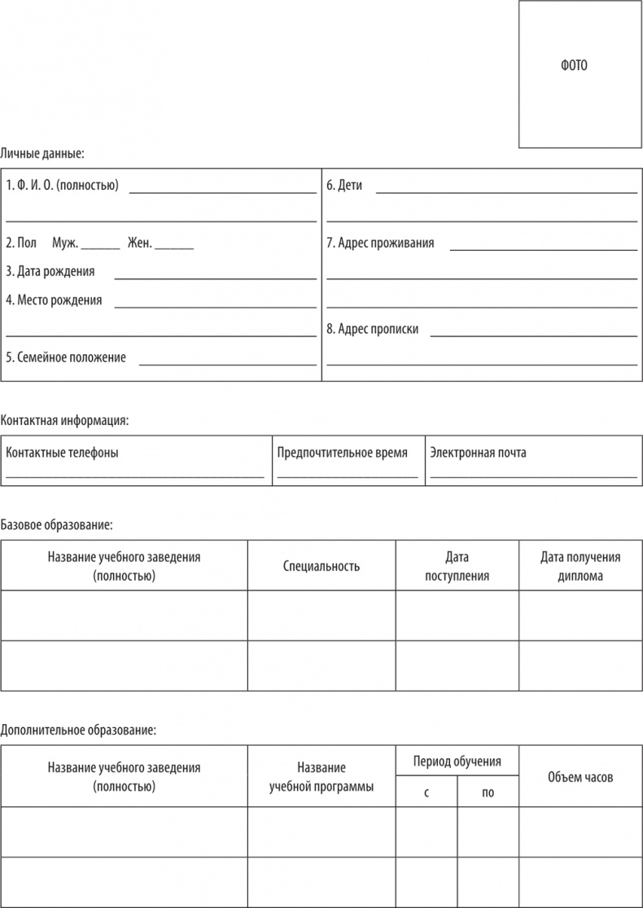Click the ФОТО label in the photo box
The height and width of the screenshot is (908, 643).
tap(574, 66)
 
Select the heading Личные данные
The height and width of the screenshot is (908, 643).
tap(42, 152)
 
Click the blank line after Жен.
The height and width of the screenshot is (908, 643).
tap(174, 246)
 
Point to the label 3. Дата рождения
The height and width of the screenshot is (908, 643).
tap(50, 271)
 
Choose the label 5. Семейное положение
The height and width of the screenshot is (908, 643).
tap(66, 357)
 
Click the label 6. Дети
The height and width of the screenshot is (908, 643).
tap(344, 186)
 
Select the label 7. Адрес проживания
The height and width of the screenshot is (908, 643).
tap(380, 243)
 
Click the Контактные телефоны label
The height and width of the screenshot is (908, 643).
tap(62, 453)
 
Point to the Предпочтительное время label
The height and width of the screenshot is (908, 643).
tap(342, 453)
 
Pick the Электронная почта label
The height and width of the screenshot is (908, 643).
tap(478, 453)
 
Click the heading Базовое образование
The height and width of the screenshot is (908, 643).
tap(56, 525)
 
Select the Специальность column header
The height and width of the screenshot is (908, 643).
tap(321, 566)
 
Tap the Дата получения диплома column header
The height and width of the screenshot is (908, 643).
tap(580, 566)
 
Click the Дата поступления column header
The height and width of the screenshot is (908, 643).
tap(457, 566)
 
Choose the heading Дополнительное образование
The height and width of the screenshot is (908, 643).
tap(78, 730)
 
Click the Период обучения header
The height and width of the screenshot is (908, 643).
tap(457, 761)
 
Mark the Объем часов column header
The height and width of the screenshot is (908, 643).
tap(580, 777)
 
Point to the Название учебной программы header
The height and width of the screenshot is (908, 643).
tap(321, 777)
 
